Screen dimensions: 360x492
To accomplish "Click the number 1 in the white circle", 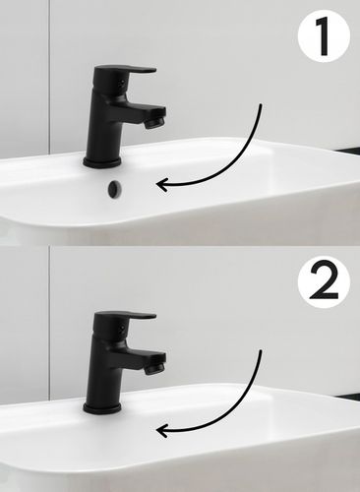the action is (323, 36).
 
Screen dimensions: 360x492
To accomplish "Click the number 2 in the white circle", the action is (324, 281).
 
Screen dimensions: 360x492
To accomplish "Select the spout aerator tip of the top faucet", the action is (154, 123).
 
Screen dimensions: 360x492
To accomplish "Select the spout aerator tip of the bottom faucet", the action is (154, 369).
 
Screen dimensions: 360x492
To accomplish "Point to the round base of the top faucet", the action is (102, 162).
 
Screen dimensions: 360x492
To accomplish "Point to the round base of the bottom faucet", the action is (102, 408).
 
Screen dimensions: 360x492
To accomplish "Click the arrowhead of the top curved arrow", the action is (161, 184).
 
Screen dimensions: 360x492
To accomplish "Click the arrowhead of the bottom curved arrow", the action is (161, 430).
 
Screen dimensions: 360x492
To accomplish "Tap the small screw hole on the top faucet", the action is (122, 82).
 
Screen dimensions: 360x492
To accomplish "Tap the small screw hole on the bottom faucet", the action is (122, 328).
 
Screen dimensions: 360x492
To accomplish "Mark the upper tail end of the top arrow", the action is (261, 105).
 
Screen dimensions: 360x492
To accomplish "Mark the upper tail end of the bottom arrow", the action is (261, 351).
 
